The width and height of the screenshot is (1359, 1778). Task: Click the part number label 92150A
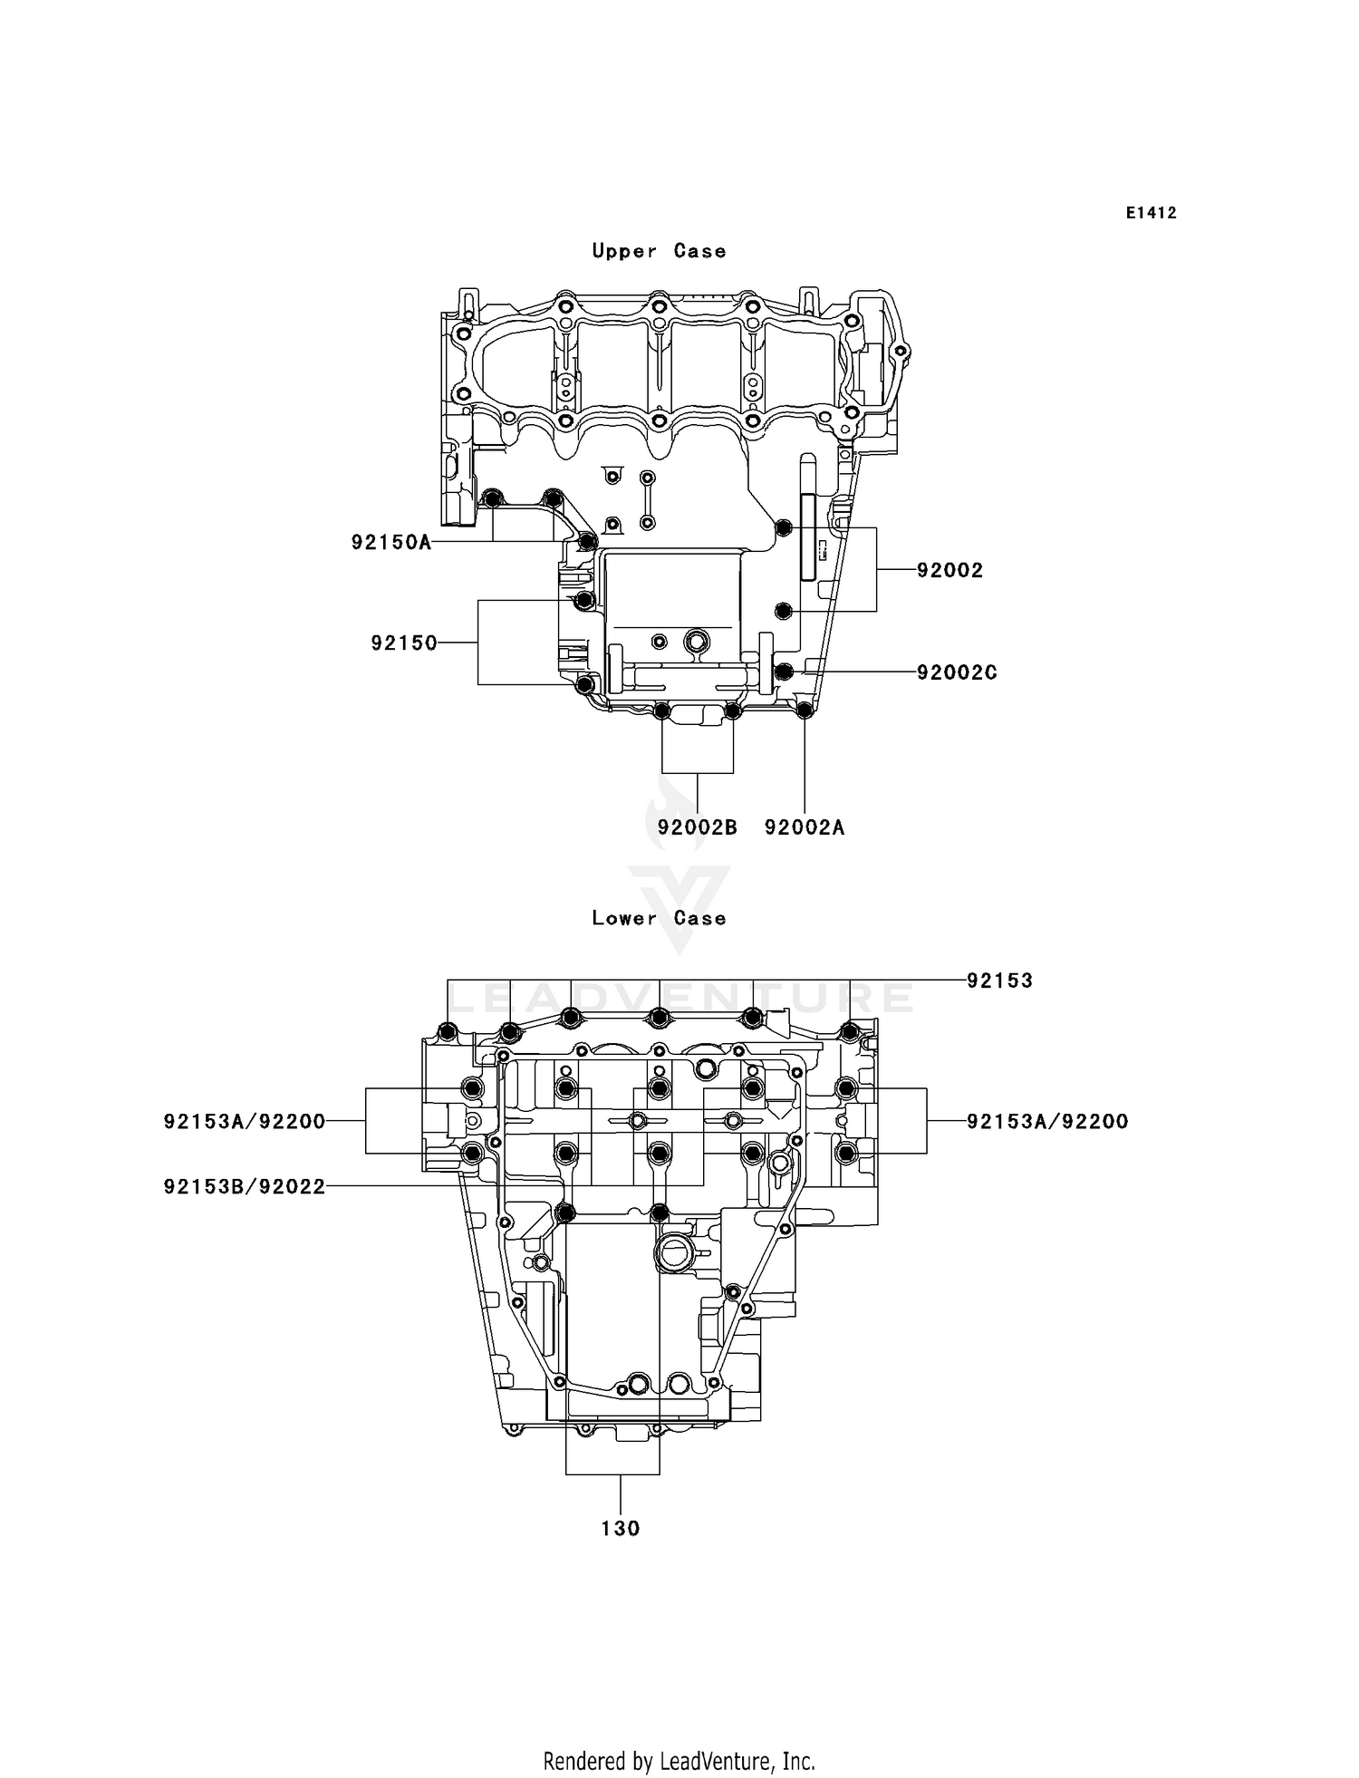tap(390, 543)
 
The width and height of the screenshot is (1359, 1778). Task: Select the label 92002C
tap(957, 672)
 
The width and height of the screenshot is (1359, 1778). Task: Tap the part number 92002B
tap(697, 827)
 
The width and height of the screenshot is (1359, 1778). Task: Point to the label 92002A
tap(805, 827)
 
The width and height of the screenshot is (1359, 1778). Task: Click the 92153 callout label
tap(999, 981)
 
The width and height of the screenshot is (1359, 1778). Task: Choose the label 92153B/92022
tap(245, 1186)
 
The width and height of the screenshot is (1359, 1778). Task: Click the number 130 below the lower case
tap(621, 1529)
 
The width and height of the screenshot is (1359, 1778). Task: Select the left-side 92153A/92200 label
tap(245, 1122)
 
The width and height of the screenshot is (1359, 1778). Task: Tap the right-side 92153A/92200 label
tap(1047, 1122)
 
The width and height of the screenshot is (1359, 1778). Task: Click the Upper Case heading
tap(659, 251)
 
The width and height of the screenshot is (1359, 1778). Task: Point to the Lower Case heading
tap(659, 918)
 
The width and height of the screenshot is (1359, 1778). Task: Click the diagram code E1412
tap(1152, 213)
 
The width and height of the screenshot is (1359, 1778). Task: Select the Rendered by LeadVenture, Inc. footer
tap(679, 1761)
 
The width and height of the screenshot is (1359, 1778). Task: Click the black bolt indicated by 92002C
tap(786, 672)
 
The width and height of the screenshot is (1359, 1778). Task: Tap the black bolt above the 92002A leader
tap(804, 710)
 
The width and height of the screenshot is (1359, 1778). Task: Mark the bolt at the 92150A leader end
tap(587, 542)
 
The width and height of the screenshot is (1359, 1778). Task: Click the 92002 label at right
tap(949, 570)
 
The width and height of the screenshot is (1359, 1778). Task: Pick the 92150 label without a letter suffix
tap(403, 643)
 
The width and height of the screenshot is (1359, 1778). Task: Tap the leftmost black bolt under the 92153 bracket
tap(447, 1031)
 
